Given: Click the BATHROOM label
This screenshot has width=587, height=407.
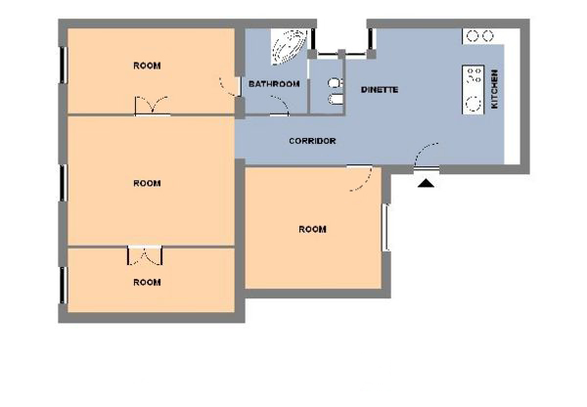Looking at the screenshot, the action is point(274,84).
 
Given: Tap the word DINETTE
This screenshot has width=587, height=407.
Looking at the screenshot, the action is point(380,90).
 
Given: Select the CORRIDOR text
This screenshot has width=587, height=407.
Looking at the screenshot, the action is point(312,141).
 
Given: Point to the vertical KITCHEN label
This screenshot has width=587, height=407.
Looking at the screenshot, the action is point(494,89).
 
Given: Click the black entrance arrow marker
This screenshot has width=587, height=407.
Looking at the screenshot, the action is point(426,183).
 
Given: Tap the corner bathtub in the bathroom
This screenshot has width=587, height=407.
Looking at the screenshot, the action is point(289,46).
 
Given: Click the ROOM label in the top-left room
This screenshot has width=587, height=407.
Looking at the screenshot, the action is point(147,66).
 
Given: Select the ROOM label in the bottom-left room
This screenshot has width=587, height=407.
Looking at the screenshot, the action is point(147,283).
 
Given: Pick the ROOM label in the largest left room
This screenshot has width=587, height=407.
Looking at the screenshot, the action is point(147,184).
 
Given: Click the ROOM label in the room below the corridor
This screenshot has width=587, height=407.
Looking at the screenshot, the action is point(312,229).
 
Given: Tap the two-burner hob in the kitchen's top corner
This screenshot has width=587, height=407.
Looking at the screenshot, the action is point(480,36).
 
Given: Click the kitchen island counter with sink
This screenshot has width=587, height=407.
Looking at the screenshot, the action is point(474,90).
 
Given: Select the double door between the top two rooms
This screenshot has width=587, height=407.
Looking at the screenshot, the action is point(152,106).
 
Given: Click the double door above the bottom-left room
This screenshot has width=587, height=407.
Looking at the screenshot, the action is point(145,255).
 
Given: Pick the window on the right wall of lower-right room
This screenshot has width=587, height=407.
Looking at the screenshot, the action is point(385,227).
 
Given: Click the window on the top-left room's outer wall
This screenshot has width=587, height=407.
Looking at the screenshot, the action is point(64,65).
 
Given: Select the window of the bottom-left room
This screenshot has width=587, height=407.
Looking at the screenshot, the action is point(64,285).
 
